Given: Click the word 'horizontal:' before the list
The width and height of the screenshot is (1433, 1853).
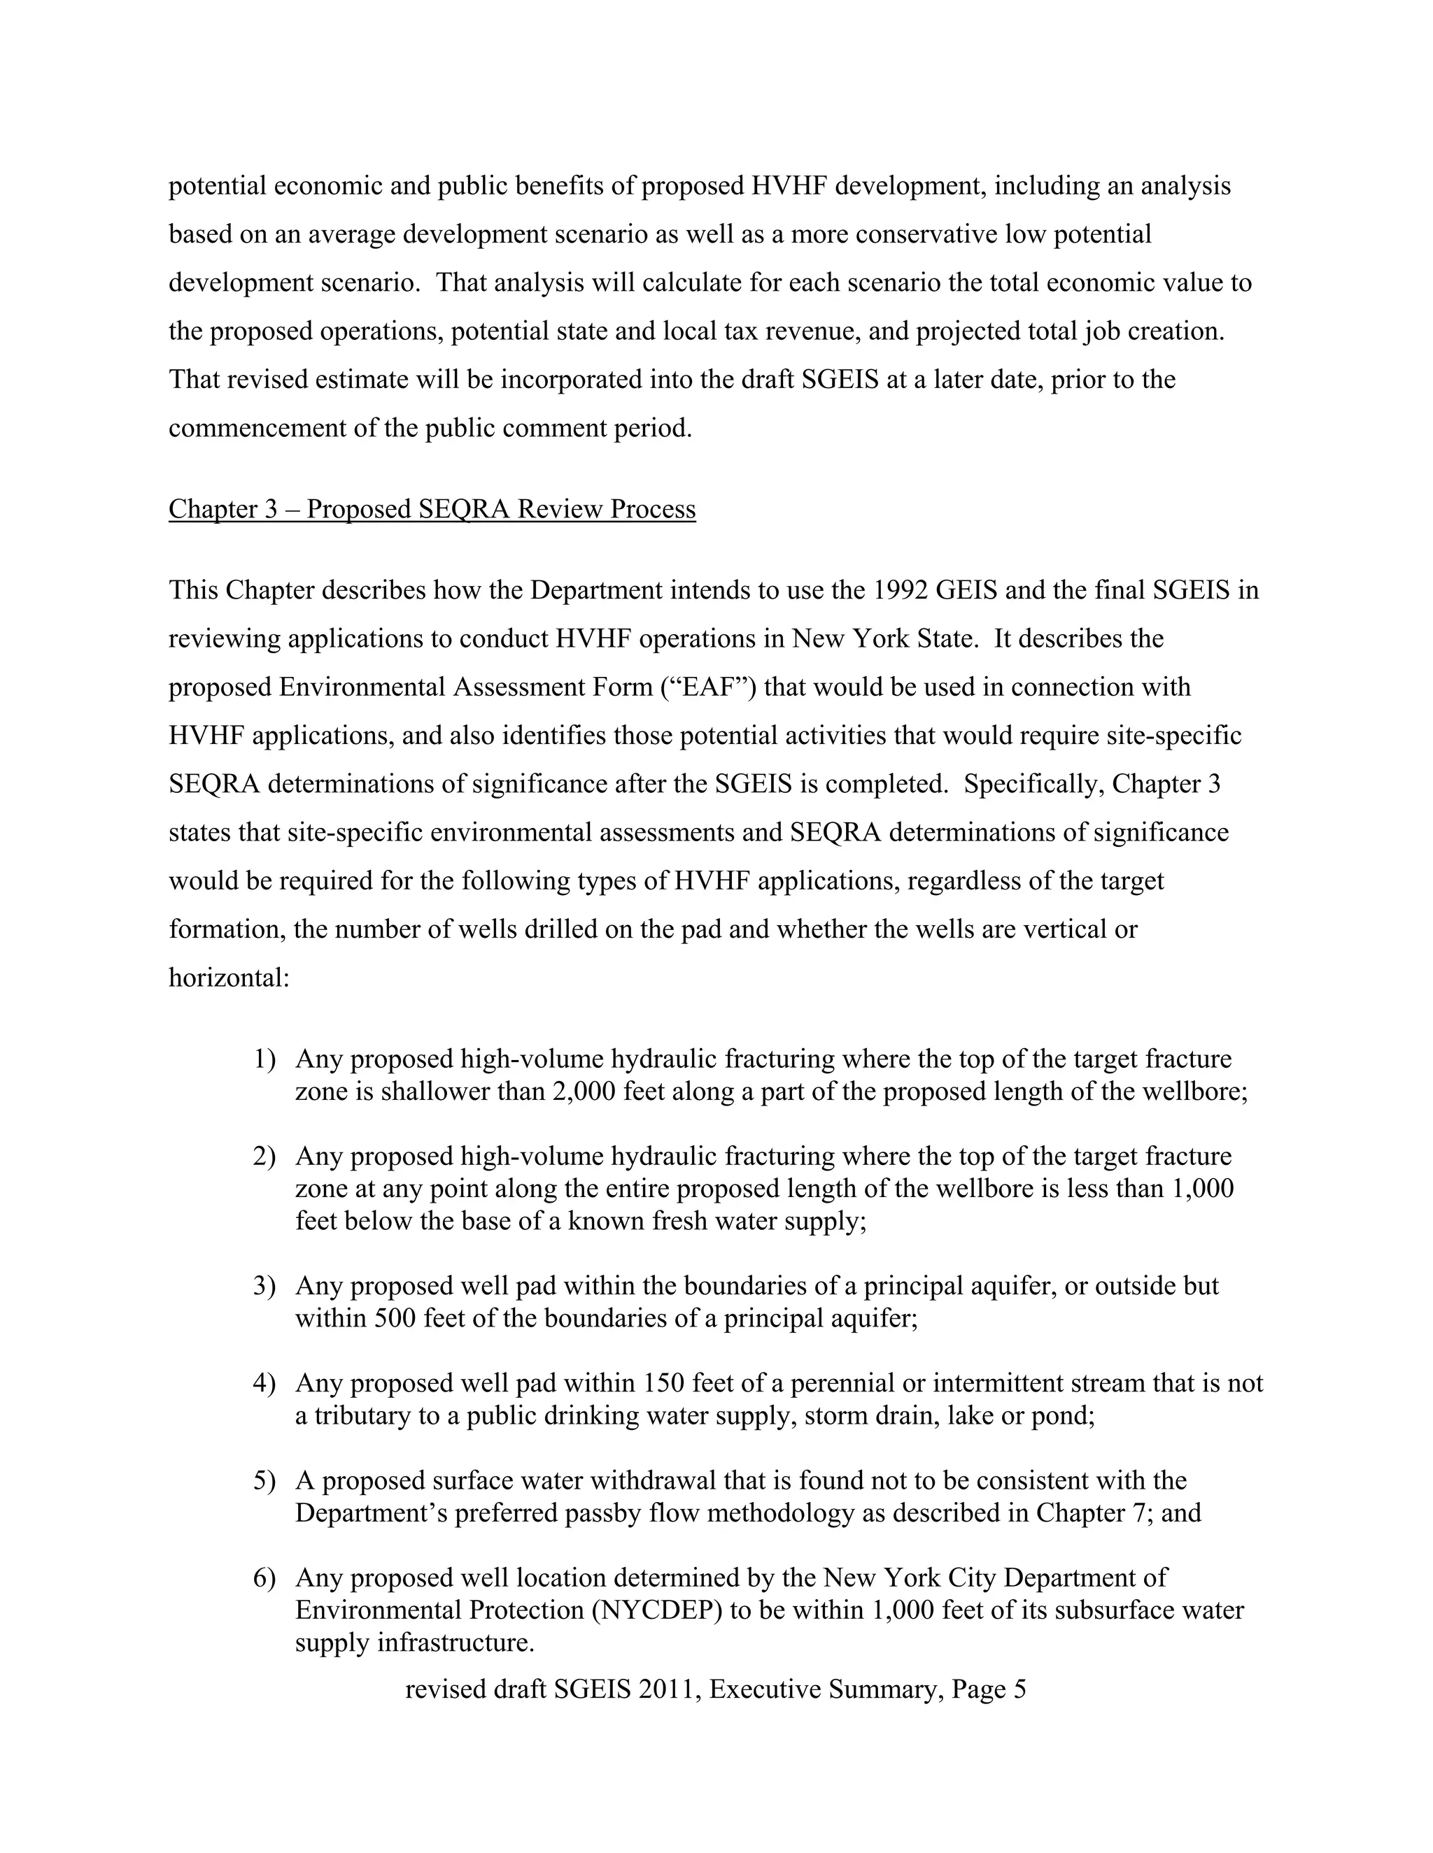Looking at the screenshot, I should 230,978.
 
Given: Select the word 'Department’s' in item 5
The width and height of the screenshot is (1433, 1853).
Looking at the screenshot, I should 371,1514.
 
